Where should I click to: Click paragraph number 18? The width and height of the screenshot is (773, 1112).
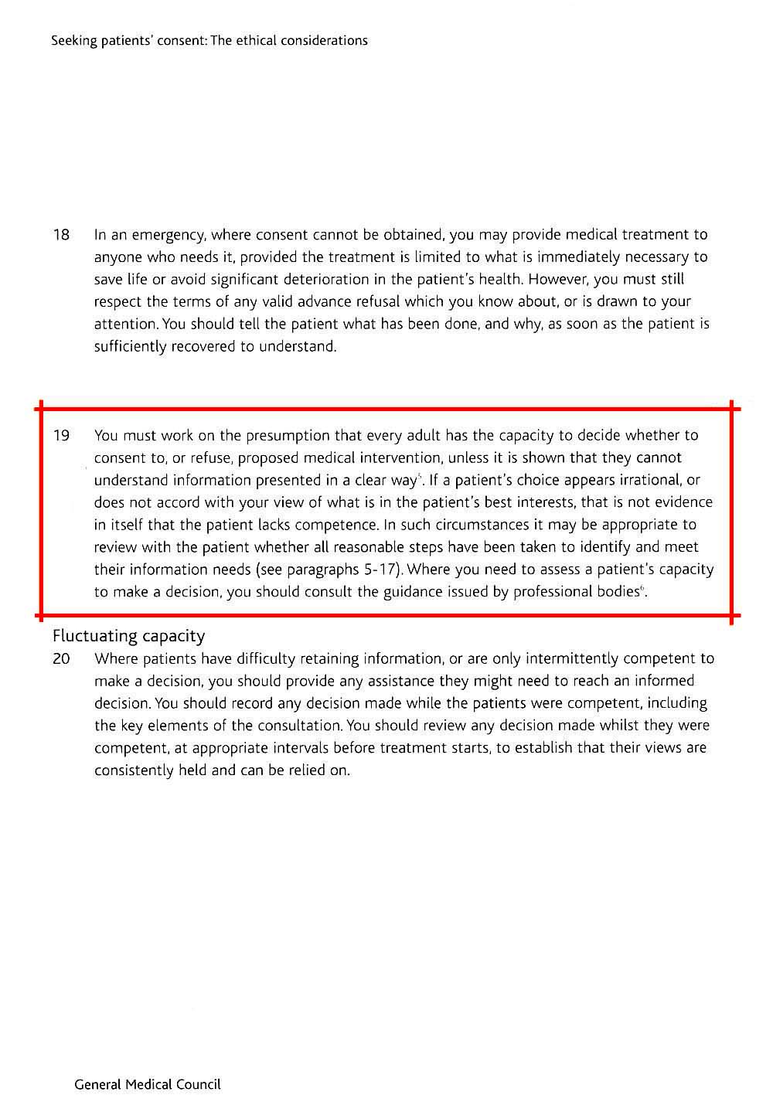click(61, 234)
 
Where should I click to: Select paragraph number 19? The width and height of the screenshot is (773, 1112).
click(61, 436)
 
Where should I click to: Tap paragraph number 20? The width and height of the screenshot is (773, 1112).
click(62, 659)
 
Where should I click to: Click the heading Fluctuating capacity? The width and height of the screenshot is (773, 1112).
click(128, 636)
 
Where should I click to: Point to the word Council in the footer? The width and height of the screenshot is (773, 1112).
click(199, 1084)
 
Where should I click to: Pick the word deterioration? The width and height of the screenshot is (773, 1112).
click(359, 279)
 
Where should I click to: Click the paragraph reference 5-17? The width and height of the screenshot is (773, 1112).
click(379, 570)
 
